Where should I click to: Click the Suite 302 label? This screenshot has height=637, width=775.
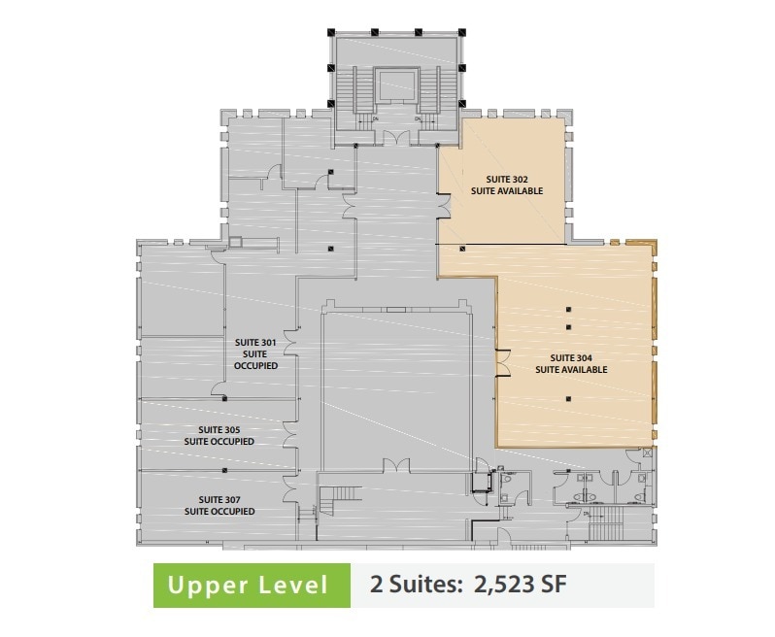506,184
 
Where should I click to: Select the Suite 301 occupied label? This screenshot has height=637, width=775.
256,353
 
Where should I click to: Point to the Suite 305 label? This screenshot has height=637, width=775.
219,435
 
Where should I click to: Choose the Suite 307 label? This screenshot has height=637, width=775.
219,505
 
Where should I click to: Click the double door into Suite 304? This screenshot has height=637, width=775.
501,360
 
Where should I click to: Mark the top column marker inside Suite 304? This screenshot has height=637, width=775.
568,309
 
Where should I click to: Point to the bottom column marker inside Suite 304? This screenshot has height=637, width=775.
568,397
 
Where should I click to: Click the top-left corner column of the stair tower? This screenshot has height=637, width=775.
331,32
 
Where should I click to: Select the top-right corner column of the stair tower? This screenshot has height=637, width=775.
460,32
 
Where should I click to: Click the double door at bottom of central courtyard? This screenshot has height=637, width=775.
395,466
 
